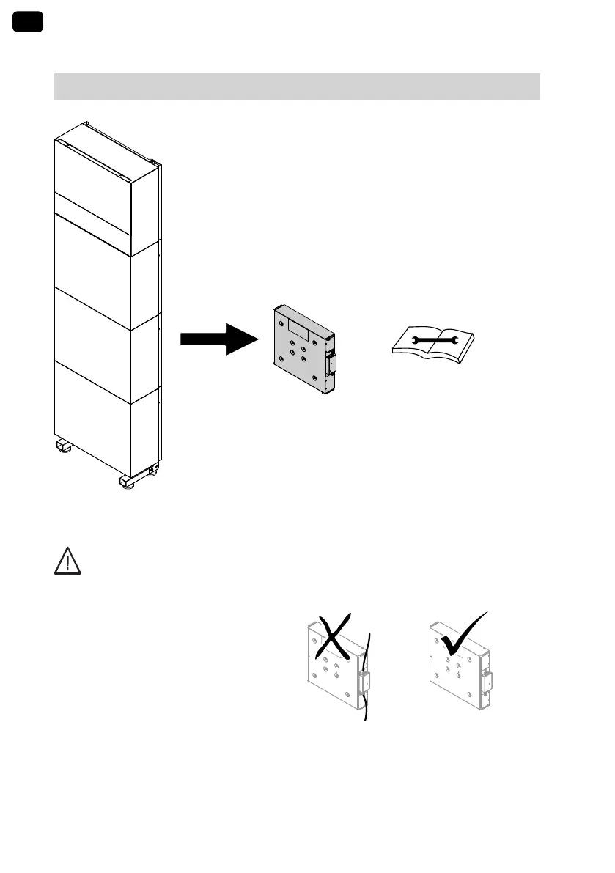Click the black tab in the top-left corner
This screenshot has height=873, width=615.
tap(28, 22)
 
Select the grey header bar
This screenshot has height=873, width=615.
tap(297, 86)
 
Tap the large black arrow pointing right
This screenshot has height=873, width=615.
tap(219, 339)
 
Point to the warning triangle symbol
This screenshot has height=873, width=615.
tap(67, 561)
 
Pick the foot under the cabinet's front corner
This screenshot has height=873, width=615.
tap(128, 485)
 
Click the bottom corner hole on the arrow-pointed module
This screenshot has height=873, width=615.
tap(315, 380)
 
